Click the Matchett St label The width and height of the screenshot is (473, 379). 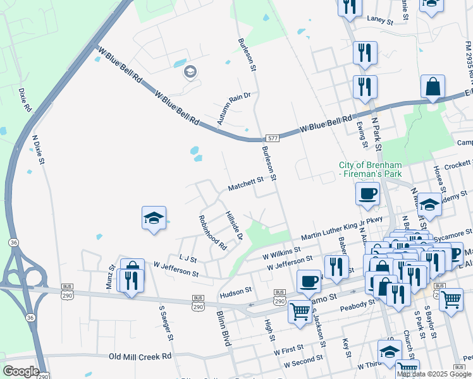[245, 184]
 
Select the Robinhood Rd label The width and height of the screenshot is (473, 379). [212, 232]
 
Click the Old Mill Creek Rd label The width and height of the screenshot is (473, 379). [140, 356]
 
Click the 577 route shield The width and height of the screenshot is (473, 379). [273, 138]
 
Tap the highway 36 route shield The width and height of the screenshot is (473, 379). [13, 242]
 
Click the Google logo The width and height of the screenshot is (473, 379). [20, 371]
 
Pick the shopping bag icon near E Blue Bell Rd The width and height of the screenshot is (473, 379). [433, 87]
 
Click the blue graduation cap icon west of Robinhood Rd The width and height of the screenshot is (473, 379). [154, 218]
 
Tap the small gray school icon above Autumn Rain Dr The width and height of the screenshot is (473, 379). [190, 72]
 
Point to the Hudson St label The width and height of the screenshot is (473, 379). [235, 292]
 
